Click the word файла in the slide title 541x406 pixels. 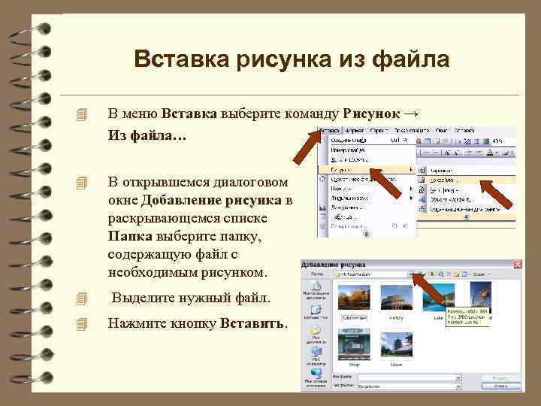(412, 59)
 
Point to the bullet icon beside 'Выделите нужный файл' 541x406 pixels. (82, 299)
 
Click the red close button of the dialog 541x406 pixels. (517, 265)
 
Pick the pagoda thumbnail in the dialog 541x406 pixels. (396, 347)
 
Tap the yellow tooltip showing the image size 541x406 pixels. (466, 316)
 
